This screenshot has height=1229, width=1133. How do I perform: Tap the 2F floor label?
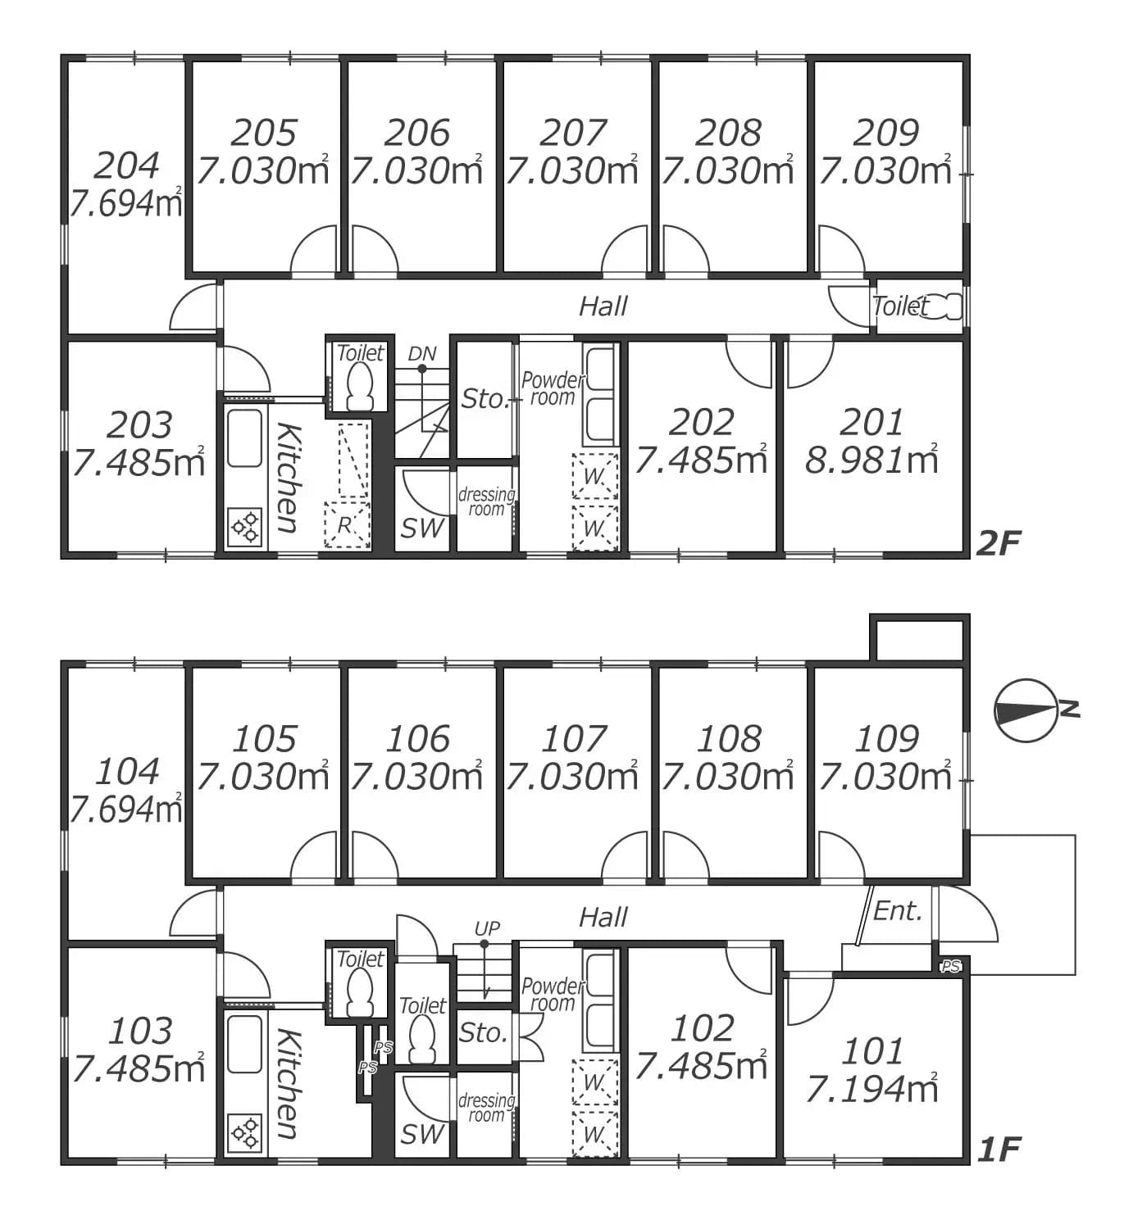(998, 543)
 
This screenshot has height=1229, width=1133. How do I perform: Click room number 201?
(871, 422)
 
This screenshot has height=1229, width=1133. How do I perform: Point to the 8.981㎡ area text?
(871, 460)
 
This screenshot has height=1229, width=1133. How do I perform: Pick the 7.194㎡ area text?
(871, 1089)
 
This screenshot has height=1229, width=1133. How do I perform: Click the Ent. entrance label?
(898, 911)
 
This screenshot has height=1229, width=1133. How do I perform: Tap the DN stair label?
(422, 353)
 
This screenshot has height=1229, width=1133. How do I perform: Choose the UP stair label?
(487, 928)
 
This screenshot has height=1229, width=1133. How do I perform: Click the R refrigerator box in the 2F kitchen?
(347, 525)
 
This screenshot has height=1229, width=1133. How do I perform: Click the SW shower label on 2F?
(422, 528)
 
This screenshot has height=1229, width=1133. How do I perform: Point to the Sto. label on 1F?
(483, 1033)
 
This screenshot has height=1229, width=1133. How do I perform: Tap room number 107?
(573, 739)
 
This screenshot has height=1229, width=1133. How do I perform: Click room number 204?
(127, 166)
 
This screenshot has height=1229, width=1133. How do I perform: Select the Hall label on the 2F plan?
(603, 306)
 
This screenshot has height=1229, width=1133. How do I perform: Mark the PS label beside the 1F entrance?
(950, 967)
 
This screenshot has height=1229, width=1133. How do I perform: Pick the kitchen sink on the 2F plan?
(244, 438)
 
